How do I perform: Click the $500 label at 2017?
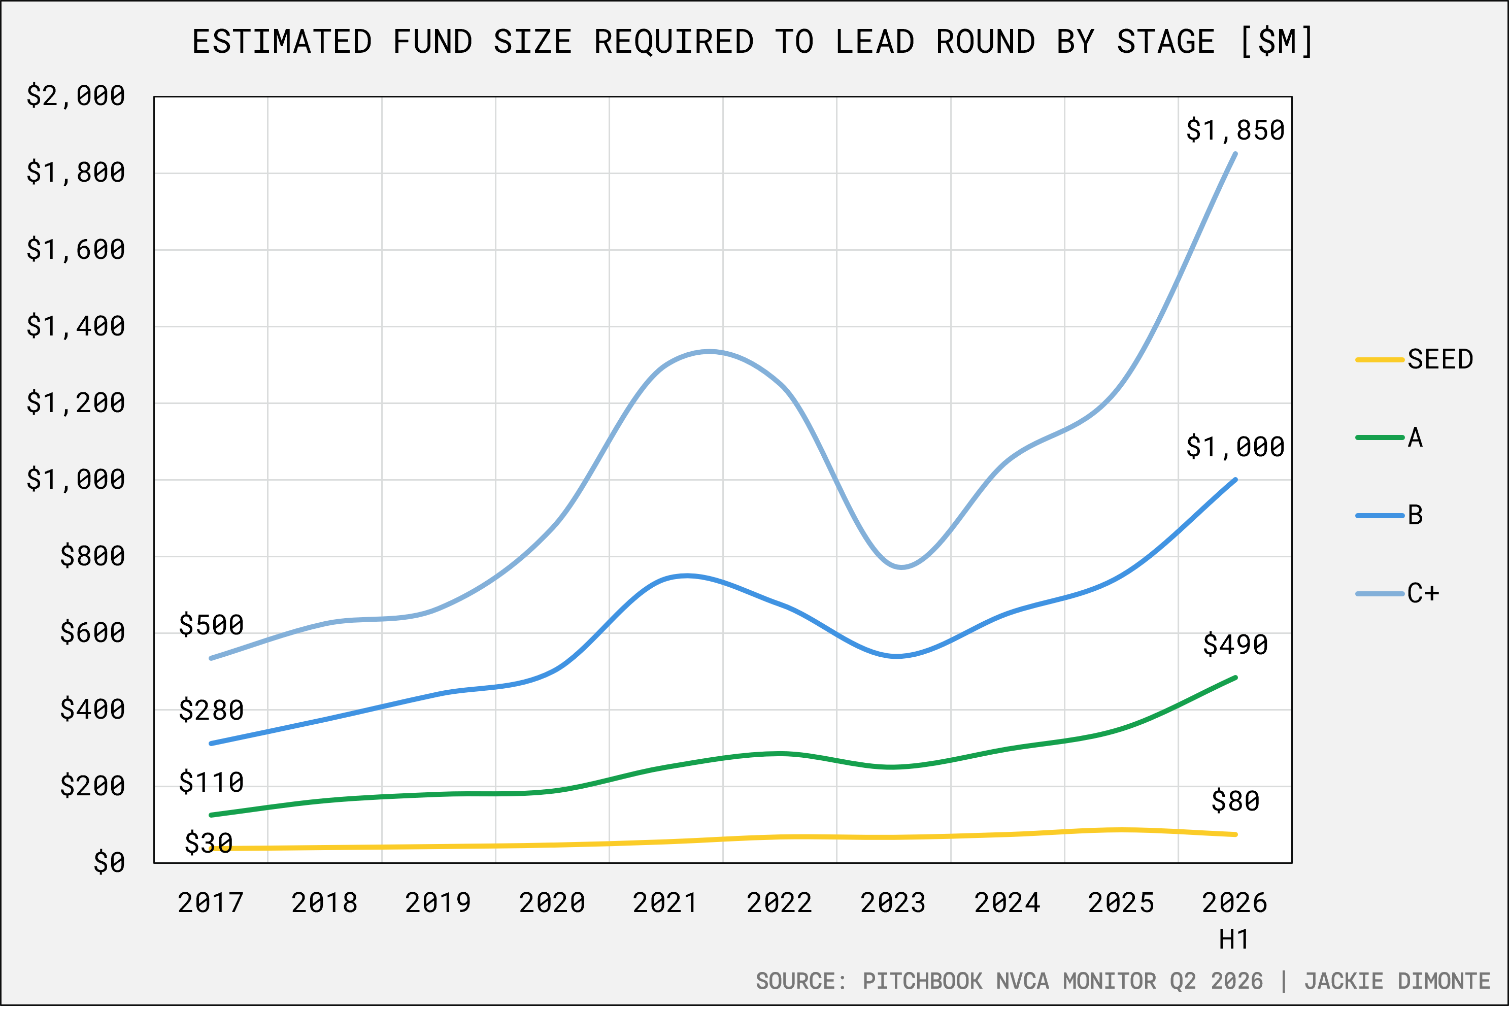click(x=211, y=625)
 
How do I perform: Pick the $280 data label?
click(x=211, y=711)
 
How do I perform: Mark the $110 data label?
click(x=211, y=783)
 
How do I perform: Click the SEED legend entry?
click(x=1414, y=359)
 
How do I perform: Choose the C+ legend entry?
click(x=1397, y=593)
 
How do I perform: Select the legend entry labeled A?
click(x=1389, y=438)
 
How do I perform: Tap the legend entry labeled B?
click(x=1389, y=515)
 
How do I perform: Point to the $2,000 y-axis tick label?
click(x=75, y=96)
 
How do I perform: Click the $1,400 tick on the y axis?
click(x=75, y=326)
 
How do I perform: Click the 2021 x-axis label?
click(x=665, y=903)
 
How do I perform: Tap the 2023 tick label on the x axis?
click(x=893, y=903)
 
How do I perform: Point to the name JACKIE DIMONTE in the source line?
click(x=1397, y=981)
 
